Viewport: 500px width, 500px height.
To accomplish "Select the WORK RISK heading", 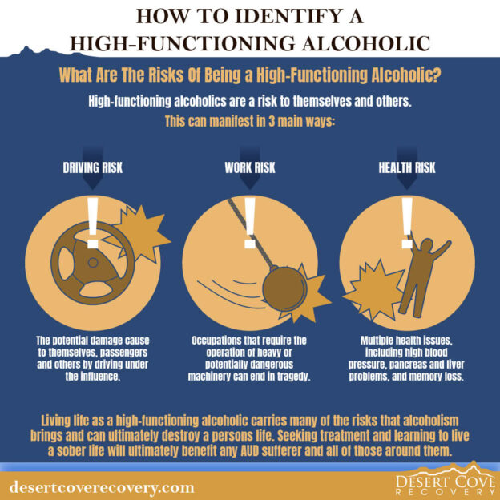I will tap(249, 169).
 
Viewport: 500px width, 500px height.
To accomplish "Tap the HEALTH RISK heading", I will tap(407, 169).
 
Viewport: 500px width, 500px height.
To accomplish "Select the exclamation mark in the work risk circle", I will tap(249, 219).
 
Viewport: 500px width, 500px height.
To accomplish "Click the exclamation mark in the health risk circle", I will tap(407, 219).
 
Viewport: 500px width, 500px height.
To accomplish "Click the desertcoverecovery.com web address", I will tap(102, 486).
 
